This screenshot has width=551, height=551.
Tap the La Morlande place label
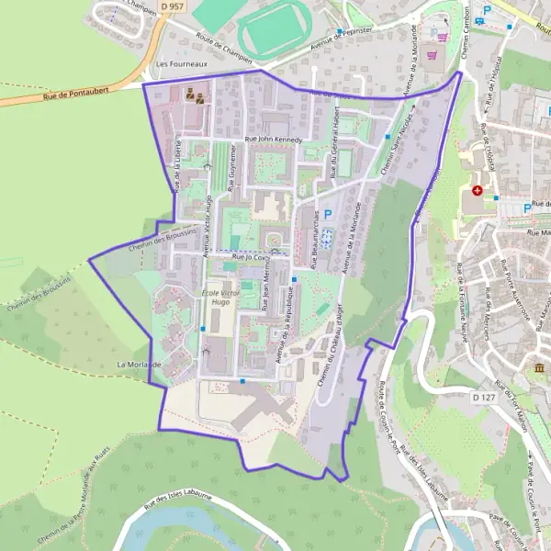click(139, 365)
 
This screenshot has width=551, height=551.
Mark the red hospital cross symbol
click(477, 191)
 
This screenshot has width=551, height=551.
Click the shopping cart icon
click(444, 38)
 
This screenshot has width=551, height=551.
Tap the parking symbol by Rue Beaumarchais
click(326, 212)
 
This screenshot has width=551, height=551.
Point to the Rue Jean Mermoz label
click(266, 296)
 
